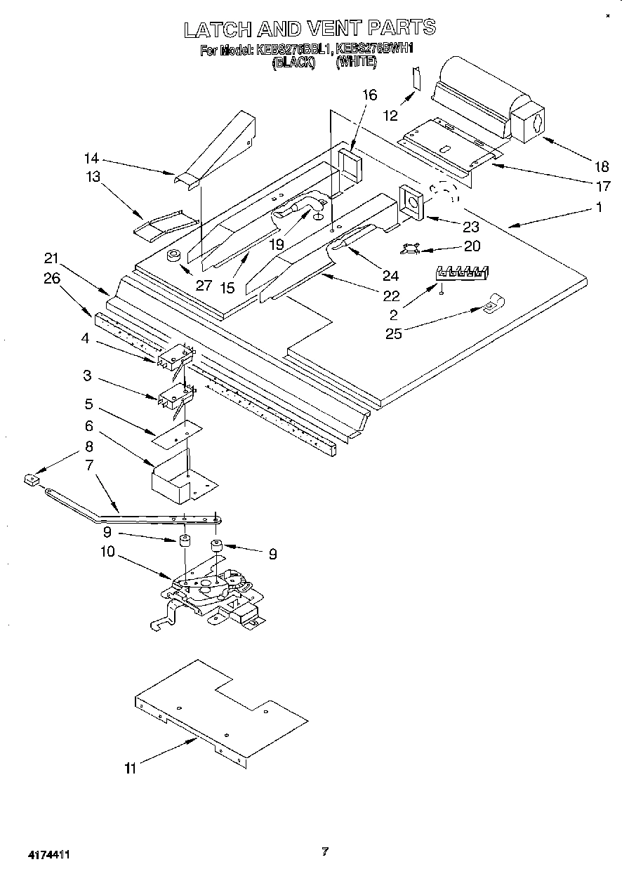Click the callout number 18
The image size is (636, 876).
pos(601,166)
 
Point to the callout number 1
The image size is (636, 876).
pos(599,207)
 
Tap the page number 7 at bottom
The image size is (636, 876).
pos(324,851)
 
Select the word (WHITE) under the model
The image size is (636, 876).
pos(357,62)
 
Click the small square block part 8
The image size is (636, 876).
pos(30,479)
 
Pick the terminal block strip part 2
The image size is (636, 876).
pos(463,273)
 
